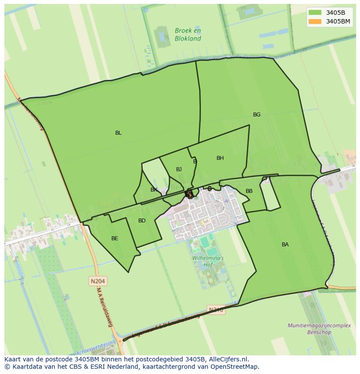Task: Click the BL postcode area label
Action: [x=118, y=133]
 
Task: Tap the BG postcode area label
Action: [x=257, y=115]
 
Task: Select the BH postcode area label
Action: [x=220, y=158]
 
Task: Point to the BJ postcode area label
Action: [x=179, y=169]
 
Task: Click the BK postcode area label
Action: [x=153, y=190]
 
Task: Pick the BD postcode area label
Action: [x=142, y=221]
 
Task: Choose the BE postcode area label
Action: [x=114, y=238]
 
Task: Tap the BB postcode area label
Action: [x=249, y=191]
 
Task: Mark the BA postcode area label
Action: [x=285, y=245]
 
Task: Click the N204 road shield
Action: [x=98, y=281]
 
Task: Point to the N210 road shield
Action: [x=216, y=310]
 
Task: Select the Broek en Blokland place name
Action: [x=188, y=34]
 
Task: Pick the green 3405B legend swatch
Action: [x=315, y=13]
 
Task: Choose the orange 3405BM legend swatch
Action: [x=315, y=21]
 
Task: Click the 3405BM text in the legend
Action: [x=338, y=21]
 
